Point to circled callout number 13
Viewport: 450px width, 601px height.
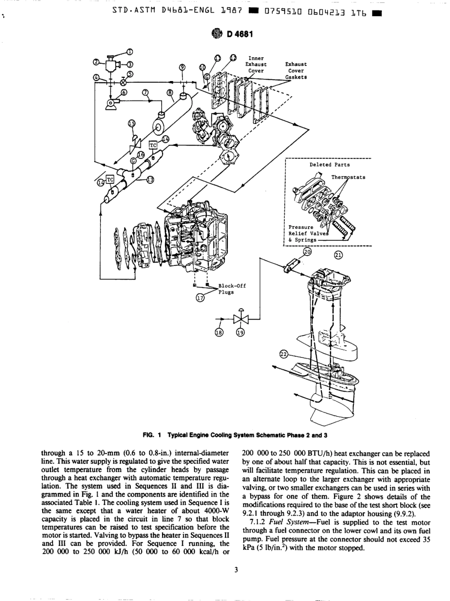pos(150,180)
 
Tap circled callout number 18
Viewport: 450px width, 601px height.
pos(218,333)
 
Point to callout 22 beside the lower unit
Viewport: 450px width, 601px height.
pos(283,355)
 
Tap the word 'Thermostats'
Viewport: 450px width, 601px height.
pos(348,177)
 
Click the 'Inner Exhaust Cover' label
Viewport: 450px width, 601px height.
pos(256,64)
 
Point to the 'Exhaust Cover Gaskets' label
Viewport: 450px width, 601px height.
pos(296,70)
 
